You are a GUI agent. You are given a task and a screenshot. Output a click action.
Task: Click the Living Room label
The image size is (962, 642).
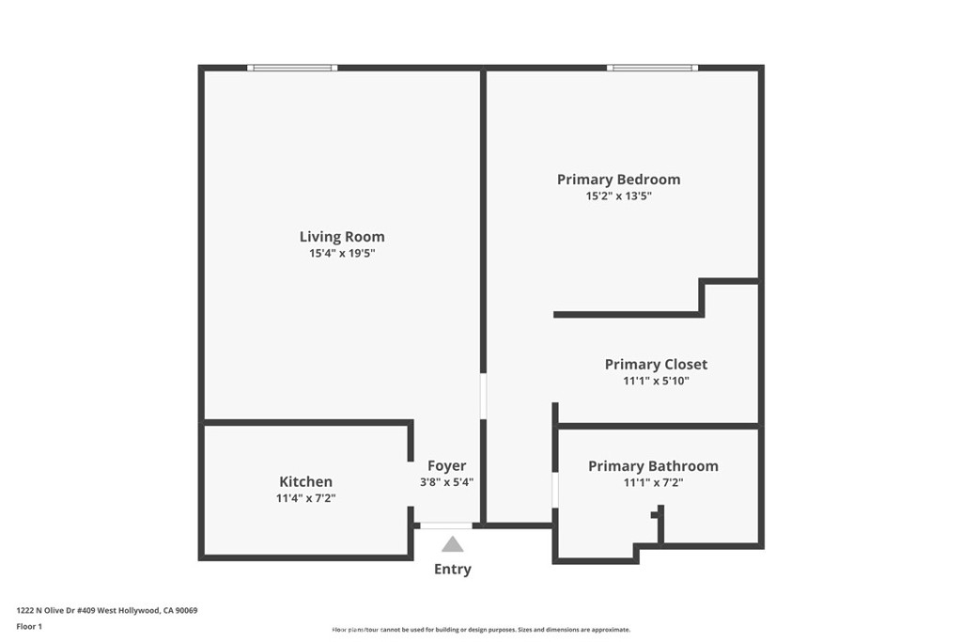(x=342, y=236)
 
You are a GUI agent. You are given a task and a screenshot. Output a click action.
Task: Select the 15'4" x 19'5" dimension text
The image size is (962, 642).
(x=342, y=253)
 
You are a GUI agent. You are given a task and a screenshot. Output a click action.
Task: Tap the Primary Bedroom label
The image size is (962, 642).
(x=618, y=180)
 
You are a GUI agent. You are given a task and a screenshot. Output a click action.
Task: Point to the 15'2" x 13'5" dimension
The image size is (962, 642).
(x=618, y=196)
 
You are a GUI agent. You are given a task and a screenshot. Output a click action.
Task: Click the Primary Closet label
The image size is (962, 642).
(x=656, y=364)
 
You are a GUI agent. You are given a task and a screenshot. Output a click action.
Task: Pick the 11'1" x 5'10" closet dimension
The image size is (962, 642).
(x=656, y=381)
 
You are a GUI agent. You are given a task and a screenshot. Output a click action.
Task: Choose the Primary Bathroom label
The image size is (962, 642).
(x=654, y=466)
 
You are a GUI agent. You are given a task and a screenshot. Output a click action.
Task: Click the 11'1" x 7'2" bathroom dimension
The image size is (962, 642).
(x=654, y=482)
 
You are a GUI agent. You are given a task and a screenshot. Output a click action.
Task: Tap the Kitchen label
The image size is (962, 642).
(x=305, y=482)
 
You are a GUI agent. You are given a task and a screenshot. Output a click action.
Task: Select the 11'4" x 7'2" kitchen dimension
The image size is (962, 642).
(x=305, y=498)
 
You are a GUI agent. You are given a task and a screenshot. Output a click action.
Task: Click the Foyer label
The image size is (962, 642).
(x=446, y=466)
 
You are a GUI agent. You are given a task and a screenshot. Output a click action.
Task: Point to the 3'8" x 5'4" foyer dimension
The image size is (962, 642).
(x=446, y=482)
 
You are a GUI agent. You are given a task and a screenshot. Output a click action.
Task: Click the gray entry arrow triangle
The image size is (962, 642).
(x=453, y=544)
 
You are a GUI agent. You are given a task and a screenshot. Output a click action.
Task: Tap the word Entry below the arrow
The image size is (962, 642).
(x=453, y=569)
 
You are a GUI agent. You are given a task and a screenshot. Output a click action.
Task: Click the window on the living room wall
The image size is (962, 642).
(x=292, y=68)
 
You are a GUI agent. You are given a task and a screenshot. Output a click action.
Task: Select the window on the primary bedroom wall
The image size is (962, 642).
(x=652, y=68)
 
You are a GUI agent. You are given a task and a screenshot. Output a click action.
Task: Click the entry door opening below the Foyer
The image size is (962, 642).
(x=446, y=525)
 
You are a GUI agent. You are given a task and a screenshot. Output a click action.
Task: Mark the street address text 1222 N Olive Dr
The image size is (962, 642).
(x=47, y=610)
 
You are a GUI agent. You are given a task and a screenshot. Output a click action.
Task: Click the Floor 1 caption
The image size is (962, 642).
(x=29, y=627)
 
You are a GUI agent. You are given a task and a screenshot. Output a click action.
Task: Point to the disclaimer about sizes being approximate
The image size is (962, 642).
(x=481, y=630)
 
